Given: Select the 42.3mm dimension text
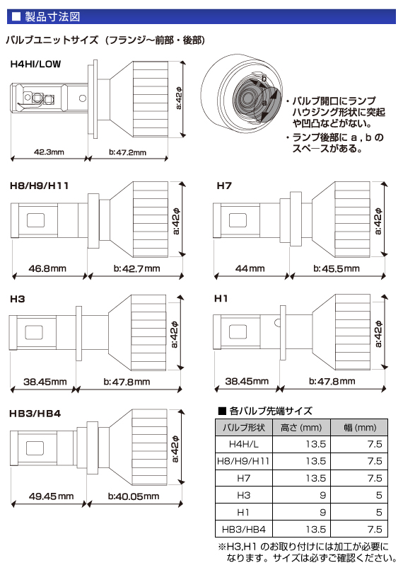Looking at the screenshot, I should tap(49, 152).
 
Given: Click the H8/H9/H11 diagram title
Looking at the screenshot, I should tap(39, 186).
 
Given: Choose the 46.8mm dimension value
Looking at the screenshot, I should tap(49, 268).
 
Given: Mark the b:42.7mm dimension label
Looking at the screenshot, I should tap(136, 268).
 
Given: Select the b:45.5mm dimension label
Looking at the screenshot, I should tap(335, 268).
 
